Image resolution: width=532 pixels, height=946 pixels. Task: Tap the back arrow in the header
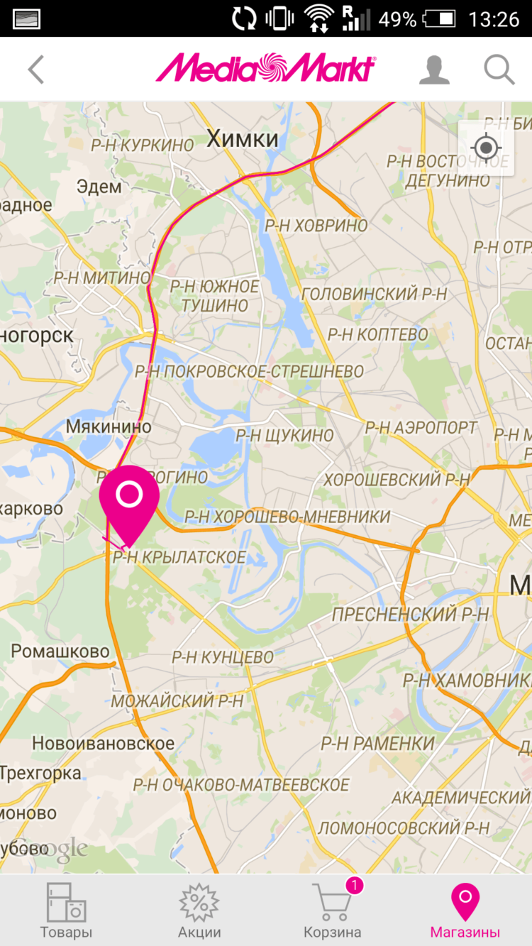click(36, 70)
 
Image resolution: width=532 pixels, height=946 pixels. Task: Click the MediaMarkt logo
click(265, 69)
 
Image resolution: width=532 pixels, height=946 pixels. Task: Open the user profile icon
click(434, 70)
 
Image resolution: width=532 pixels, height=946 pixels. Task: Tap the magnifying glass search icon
click(499, 70)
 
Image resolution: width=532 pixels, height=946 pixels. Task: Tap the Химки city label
click(243, 139)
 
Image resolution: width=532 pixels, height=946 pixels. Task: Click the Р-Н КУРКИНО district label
click(142, 145)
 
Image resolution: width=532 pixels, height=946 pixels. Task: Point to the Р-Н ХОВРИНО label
click(316, 226)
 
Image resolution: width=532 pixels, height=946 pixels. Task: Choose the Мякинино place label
click(109, 427)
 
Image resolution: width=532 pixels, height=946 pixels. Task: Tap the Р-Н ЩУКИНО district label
click(284, 435)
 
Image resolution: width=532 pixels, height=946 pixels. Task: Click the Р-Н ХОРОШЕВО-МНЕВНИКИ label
click(287, 517)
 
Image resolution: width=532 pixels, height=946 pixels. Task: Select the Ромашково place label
click(60, 651)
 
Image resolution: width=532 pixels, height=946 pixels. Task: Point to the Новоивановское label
click(103, 744)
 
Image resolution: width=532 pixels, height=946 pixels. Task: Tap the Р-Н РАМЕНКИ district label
click(377, 744)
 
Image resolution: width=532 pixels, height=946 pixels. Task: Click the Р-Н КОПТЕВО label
click(377, 334)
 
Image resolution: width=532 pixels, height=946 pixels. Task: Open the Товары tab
click(66, 911)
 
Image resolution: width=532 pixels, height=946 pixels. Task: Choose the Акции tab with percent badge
click(199, 911)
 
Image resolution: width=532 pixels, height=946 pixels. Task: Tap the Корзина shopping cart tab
click(332, 911)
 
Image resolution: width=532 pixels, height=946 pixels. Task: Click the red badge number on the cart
click(354, 885)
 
